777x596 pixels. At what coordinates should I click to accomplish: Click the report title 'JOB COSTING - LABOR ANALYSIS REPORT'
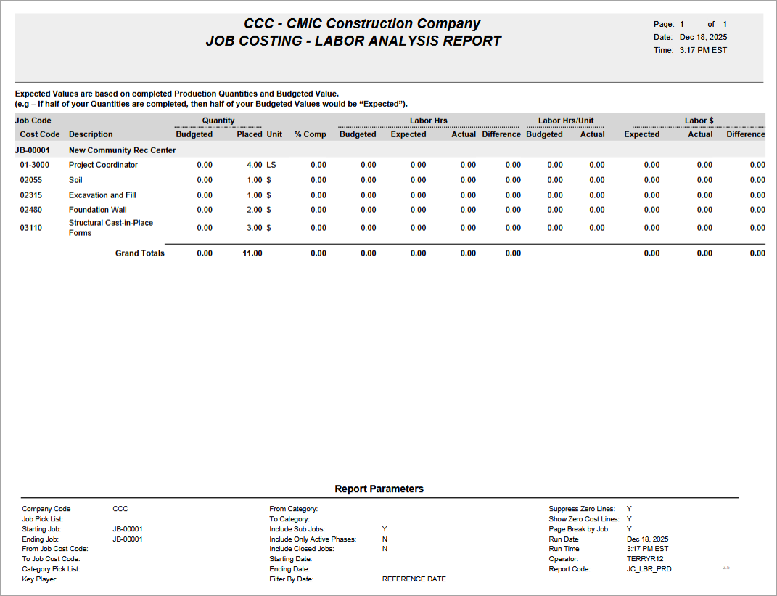[x=353, y=41]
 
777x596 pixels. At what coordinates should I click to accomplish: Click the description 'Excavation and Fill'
[x=102, y=195]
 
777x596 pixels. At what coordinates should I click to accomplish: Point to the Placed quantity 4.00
[x=254, y=165]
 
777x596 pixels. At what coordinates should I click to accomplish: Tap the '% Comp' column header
[x=310, y=134]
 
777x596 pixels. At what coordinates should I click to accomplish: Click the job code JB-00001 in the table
[x=33, y=150]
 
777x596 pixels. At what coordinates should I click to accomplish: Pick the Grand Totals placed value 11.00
[x=252, y=253]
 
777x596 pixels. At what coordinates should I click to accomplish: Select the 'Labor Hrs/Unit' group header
[x=566, y=121]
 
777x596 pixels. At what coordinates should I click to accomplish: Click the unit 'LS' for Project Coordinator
[x=271, y=165]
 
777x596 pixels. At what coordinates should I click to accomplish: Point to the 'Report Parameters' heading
[x=379, y=489]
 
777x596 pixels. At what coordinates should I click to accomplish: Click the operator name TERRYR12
[x=645, y=559]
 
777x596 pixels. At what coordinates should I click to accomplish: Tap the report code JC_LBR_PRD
[x=649, y=569]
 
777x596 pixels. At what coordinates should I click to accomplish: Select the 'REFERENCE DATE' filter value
[x=414, y=579]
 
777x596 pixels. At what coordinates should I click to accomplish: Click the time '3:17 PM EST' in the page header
[x=703, y=51]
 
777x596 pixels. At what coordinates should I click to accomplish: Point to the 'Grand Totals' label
[x=140, y=253]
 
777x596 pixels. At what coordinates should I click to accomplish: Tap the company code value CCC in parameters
[x=120, y=509]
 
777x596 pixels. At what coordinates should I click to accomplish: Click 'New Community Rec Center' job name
[x=122, y=150]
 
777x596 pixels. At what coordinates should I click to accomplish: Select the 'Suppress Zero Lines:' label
[x=582, y=509]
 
